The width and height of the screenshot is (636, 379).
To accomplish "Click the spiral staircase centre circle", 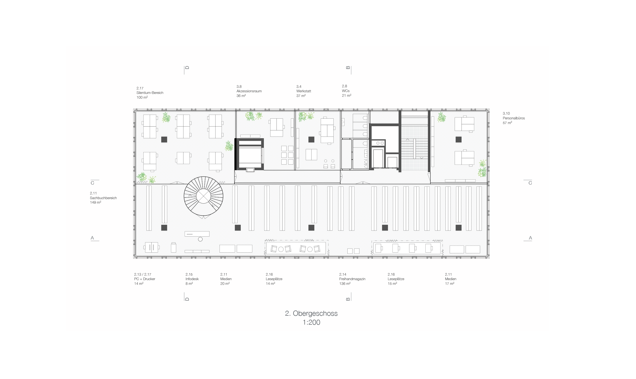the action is coord(203,196).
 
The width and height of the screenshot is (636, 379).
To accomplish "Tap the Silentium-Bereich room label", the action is coord(150,93).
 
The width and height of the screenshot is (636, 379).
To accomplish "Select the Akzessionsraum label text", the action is coord(249,91).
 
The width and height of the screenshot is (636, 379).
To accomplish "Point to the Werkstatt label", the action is coord(304,91).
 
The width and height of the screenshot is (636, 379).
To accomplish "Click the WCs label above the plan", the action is coord(346,91).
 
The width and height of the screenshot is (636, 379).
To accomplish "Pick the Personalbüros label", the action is coord(514,118).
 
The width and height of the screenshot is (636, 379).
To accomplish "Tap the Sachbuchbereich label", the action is coord(103,198).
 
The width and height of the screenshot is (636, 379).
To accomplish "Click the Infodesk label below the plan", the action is coord(192,279).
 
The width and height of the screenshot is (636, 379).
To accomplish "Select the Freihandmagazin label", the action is coord(352,279).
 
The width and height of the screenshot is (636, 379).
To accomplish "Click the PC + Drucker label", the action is coord(145,279).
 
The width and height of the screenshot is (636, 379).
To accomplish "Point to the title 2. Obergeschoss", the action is coord(311,313).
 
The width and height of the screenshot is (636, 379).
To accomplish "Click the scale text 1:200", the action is coord(311,322).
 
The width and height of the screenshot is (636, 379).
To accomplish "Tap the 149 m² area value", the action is coord(96,202).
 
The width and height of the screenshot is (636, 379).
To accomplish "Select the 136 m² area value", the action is coord(345,283).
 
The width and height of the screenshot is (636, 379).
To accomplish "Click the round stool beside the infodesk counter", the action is coord(200,239).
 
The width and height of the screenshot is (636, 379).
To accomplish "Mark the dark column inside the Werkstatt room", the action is coord(311,139).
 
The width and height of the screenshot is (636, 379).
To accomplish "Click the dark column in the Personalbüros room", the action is coord(458,139).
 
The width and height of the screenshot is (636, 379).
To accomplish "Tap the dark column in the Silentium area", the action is coord(164,139).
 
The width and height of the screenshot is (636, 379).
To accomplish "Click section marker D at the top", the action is coord(187,68).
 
